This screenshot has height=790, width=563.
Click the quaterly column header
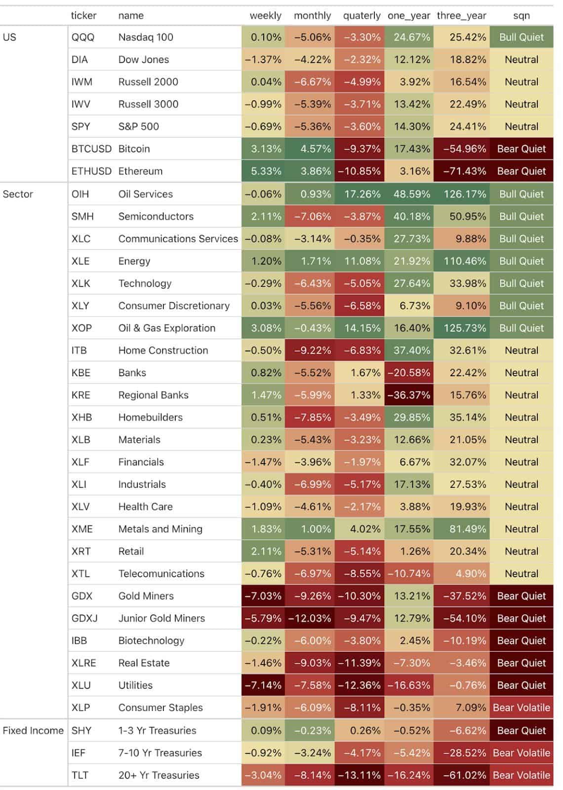tap(362, 15)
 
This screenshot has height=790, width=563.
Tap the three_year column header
tap(461, 15)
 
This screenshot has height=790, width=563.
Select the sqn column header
tap(522, 15)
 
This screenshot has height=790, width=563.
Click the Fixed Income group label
tap(33, 730)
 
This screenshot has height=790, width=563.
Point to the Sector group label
tap(18, 194)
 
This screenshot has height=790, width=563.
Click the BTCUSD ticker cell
tap(91, 149)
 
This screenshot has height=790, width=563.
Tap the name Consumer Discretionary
tap(174, 306)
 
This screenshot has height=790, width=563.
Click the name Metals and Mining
tap(160, 529)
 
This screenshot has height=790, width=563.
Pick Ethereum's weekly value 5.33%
tap(266, 171)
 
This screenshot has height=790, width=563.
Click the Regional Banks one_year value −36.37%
tap(408, 395)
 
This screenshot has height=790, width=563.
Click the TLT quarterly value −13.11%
tap(359, 775)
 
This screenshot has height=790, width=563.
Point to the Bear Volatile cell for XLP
tap(522, 708)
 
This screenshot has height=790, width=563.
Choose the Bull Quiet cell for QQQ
tap(522, 37)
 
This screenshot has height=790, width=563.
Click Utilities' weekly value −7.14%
tap(263, 685)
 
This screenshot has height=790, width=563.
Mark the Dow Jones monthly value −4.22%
tap(312, 60)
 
